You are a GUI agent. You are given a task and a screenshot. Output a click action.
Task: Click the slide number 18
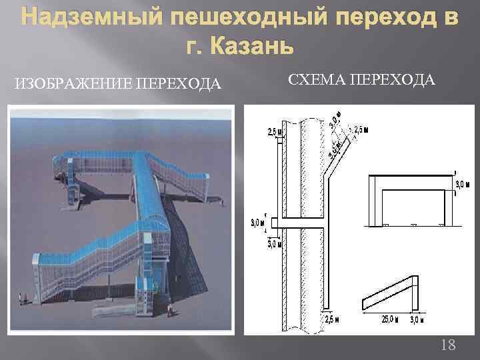[449, 345]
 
